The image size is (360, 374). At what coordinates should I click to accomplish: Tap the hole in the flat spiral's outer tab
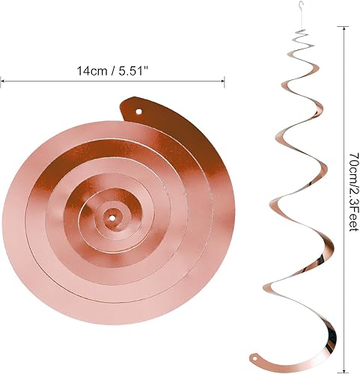[139, 113]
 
